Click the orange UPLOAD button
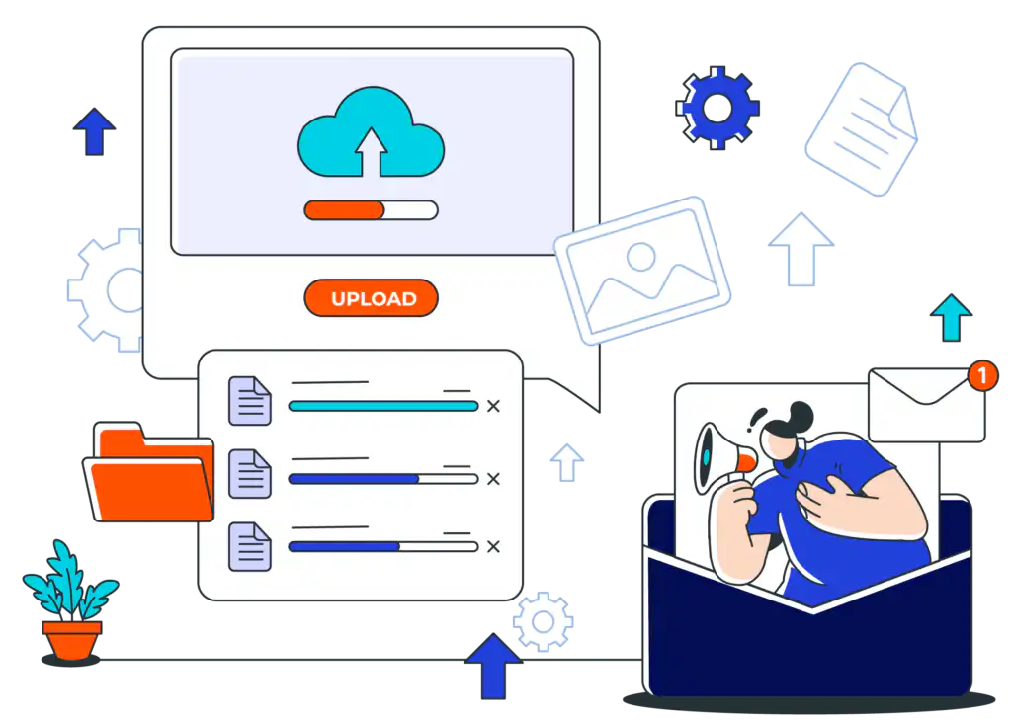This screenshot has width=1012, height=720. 372,298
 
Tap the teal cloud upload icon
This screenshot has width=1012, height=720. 372,132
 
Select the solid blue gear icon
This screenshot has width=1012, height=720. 717,108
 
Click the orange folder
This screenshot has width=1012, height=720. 149,472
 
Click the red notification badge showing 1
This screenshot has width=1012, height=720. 982,375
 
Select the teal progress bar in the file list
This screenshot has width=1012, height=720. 383,406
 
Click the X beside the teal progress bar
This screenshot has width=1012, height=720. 494,406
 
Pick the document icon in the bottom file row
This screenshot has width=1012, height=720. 250,546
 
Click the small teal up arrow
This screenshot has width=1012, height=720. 951,317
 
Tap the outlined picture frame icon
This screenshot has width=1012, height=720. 642,271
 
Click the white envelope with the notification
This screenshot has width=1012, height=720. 927,405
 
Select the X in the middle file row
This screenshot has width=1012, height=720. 494,479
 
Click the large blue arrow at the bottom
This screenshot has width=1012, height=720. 494,666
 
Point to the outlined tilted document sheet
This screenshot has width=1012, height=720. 862,129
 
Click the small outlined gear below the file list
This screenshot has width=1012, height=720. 543,621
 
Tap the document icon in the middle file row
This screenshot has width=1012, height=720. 250,473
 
